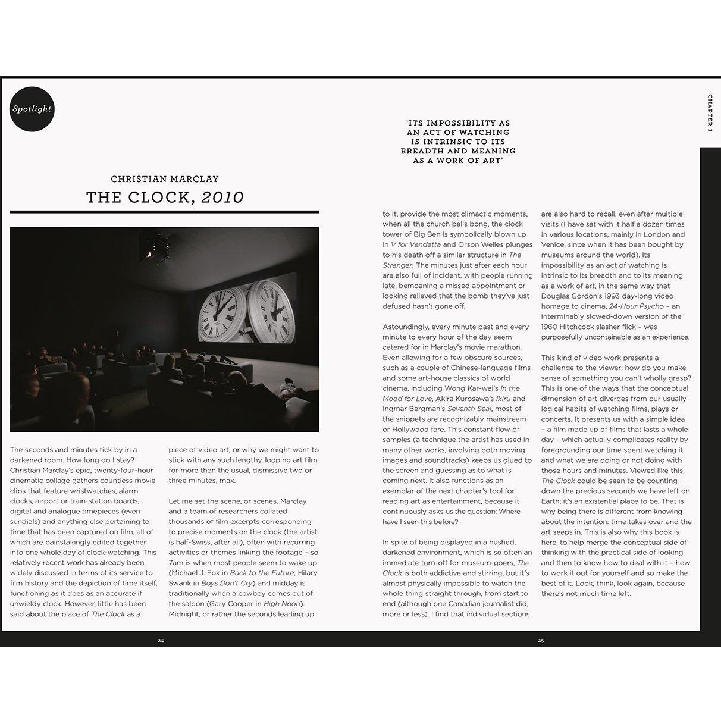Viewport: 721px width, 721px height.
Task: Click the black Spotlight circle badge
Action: (x=32, y=109)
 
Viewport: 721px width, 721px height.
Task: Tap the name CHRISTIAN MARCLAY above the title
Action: (x=165, y=179)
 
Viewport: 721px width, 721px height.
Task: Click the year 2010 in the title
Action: (x=222, y=198)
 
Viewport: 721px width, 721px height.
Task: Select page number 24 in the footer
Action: (x=161, y=641)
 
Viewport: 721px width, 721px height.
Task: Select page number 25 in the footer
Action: (x=541, y=641)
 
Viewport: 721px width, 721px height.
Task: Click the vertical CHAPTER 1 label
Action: (x=710, y=112)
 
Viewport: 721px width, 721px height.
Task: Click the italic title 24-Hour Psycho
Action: (x=636, y=306)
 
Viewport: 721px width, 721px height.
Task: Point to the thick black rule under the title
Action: (x=165, y=212)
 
